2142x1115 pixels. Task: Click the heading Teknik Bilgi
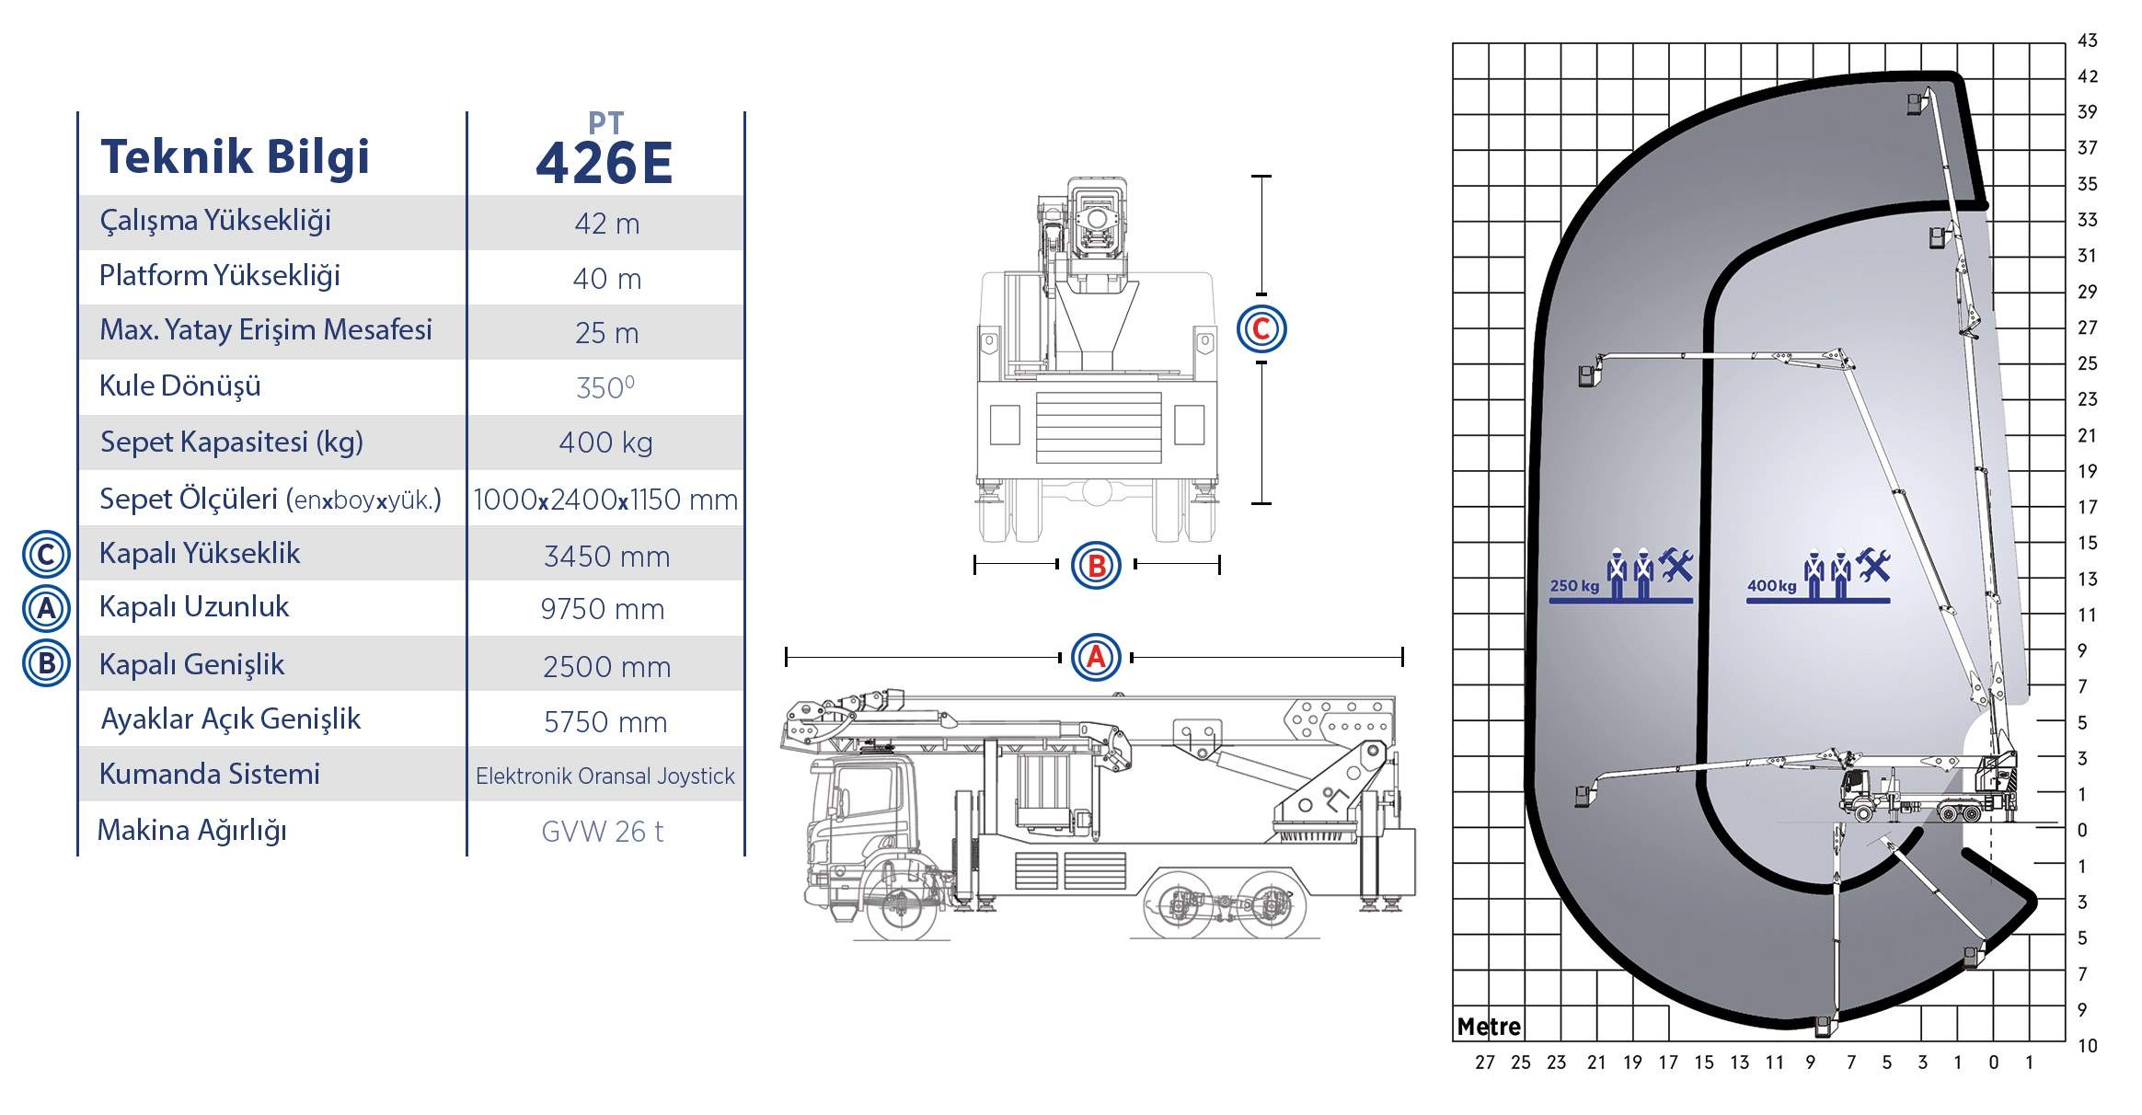click(235, 156)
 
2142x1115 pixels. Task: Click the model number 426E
click(605, 163)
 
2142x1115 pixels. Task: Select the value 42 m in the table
click(606, 224)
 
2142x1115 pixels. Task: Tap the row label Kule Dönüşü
click(180, 385)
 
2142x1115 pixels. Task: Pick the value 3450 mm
click(606, 557)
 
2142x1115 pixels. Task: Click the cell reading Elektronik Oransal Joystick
click(605, 776)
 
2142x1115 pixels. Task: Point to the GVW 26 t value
click(602, 832)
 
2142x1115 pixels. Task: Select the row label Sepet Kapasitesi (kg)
click(232, 443)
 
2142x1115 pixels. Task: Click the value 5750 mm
click(605, 722)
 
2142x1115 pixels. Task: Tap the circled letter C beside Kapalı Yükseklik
click(46, 555)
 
